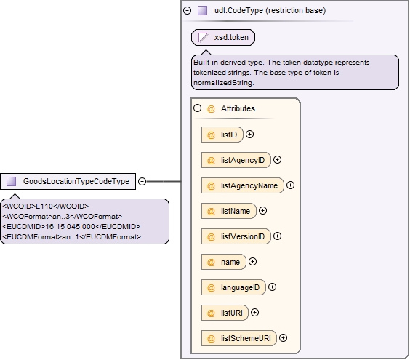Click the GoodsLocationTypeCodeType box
coord(68,181)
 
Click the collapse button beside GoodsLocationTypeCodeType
coord(142,181)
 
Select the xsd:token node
coord(223,37)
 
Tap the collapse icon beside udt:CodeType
coord(188,10)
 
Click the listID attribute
coord(222,135)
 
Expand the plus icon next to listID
coord(250,135)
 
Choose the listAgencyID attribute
coord(236,160)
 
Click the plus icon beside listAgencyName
coord(290,185)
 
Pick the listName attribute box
coord(229,211)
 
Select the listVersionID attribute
coord(236,236)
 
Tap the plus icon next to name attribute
coord(252,262)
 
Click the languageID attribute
coord(233,287)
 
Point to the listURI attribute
coord(225,313)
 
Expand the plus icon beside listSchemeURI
coord(284,338)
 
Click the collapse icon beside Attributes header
coord(198,108)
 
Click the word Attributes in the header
coord(238,108)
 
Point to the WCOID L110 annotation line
coord(46,207)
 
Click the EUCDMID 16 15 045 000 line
coord(71,227)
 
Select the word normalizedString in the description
coord(223,83)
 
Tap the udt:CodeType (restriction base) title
coord(270,11)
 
